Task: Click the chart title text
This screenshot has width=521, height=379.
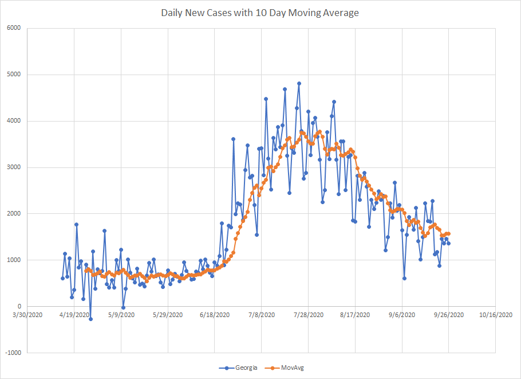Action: (x=260, y=13)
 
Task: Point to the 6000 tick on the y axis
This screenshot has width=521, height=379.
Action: (x=13, y=28)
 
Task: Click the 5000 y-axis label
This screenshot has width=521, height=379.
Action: (x=13, y=75)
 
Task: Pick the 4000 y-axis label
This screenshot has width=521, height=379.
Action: (x=13, y=121)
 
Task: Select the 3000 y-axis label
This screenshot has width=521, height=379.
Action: (x=13, y=167)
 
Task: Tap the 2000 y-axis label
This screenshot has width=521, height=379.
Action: (x=13, y=214)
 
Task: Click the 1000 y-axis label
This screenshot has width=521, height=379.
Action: (x=13, y=260)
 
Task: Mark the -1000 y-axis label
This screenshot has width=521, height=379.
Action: (x=12, y=353)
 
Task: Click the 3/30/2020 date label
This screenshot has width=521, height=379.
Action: (x=27, y=315)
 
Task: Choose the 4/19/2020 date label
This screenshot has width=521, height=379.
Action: (x=74, y=315)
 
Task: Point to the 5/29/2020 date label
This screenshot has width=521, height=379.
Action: (x=168, y=315)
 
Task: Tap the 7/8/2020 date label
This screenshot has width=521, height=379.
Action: (x=261, y=315)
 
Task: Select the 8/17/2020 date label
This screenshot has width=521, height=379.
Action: (x=354, y=315)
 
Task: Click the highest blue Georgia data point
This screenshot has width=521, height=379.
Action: (x=299, y=83)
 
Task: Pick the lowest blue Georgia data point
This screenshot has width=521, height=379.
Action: (x=90, y=319)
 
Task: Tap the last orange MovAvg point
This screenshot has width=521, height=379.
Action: (x=449, y=233)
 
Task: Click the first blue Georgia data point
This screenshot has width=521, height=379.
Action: (x=62, y=278)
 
